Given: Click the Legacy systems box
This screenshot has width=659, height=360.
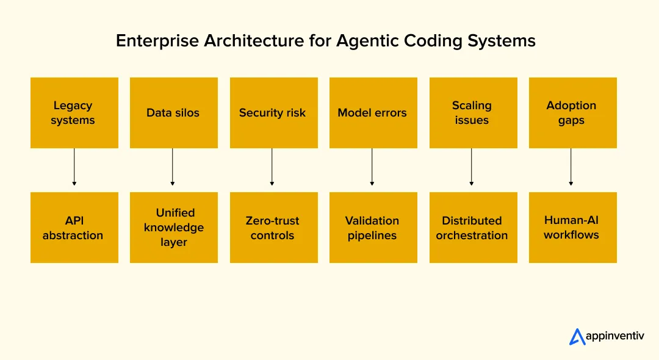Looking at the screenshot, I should point(74,113).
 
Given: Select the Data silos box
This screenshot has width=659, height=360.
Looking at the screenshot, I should point(173,113).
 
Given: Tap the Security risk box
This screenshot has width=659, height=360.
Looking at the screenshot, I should point(273,113).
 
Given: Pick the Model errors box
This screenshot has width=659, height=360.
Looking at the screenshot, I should point(372,113).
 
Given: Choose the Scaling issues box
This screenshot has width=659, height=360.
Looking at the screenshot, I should point(472,113).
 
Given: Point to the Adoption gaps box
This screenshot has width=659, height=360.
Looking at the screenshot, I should point(572,113).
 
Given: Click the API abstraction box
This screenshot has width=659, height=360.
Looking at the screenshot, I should point(74,228).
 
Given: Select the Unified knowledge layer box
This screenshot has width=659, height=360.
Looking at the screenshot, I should point(173,228).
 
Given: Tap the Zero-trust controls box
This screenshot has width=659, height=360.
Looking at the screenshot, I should point(273,228).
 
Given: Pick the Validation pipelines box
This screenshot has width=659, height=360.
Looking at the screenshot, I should point(372,228).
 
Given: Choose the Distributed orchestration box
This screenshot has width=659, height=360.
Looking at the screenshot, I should point(472,228).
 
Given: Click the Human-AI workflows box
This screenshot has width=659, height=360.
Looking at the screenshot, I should point(572,228).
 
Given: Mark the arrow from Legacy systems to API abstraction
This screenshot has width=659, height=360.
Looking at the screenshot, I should point(74,167).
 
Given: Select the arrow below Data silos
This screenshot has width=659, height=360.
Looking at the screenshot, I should point(173,167).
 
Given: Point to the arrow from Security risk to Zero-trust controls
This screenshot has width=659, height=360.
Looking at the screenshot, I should point(272,167).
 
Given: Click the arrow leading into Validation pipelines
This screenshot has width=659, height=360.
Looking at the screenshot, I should point(372,167).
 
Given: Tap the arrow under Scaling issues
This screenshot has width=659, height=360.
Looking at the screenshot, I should point(472,167).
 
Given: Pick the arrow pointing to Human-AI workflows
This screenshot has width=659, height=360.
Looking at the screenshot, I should point(571,167).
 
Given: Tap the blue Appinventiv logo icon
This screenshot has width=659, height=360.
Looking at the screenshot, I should point(577,337).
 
